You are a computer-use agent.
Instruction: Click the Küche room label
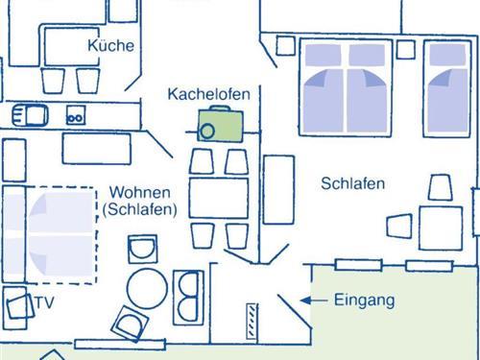[x=110, y=45]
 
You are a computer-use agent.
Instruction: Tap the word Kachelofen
[x=208, y=94]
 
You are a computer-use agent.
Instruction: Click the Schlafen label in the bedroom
[x=353, y=183]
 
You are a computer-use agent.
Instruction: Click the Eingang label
[x=364, y=300]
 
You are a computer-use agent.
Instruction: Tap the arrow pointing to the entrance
[x=309, y=300]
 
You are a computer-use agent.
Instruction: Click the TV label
[x=43, y=303]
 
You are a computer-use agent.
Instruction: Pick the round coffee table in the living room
[x=148, y=286]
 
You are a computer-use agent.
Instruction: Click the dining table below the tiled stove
[x=219, y=197]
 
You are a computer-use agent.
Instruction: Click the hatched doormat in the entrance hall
[x=252, y=320]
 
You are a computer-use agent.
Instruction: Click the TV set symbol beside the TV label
[x=16, y=307]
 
